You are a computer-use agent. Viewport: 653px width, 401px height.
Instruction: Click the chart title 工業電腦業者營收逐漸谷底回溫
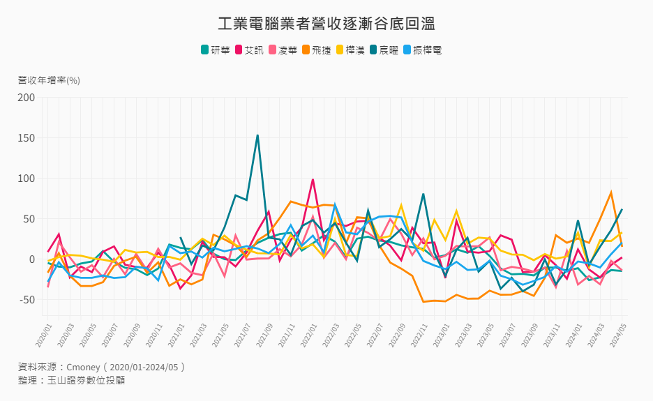(x=326, y=24)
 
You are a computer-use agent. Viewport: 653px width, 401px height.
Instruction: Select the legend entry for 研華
(x=216, y=50)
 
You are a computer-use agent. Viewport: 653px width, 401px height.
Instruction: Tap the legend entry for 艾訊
(x=249, y=50)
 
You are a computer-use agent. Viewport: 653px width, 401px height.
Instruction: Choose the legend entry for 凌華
(x=283, y=50)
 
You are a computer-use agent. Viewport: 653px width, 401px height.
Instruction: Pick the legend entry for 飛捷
(x=317, y=50)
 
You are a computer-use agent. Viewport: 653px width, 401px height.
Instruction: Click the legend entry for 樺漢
(x=351, y=50)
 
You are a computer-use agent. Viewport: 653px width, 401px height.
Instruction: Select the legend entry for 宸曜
(x=384, y=50)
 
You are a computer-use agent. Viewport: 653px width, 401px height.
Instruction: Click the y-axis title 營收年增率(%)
(x=49, y=80)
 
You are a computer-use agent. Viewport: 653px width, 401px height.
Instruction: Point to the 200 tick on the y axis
(x=27, y=97)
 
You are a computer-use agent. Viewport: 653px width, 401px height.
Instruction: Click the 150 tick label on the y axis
(x=27, y=137)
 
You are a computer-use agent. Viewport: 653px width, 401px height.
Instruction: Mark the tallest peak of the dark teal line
(x=257, y=135)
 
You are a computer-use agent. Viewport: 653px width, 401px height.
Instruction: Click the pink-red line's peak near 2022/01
(x=313, y=180)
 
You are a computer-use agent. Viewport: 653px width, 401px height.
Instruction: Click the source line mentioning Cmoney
(x=102, y=367)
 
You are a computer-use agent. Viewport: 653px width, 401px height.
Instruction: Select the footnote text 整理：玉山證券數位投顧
(x=72, y=380)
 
